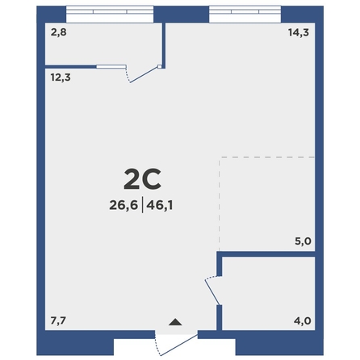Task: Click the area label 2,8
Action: [58, 32]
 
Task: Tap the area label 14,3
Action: [299, 32]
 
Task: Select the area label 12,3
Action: [61, 77]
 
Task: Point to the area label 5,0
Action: [303, 241]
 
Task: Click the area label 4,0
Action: [303, 320]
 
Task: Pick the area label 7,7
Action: [58, 320]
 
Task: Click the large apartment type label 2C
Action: [142, 178]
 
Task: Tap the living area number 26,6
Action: [123, 206]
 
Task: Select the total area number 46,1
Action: [160, 206]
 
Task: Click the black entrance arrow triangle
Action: [175, 322]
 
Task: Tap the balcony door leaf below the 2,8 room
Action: [144, 74]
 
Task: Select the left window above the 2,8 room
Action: [110, 15]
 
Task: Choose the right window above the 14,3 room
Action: [245, 15]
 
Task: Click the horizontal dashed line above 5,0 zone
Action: [267, 157]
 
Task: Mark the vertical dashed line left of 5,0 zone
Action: [220, 204]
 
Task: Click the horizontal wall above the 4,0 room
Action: [266, 254]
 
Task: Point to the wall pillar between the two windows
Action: [182, 15]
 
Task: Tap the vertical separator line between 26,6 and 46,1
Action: [142, 205]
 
